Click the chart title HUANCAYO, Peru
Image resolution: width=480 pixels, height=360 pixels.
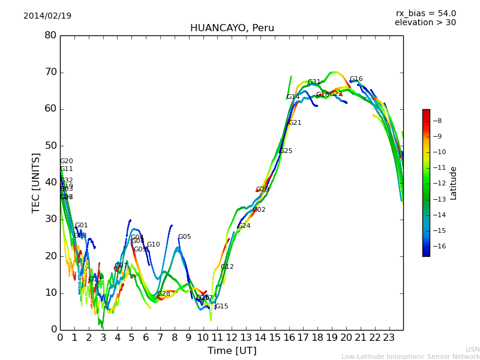(x=232, y=28)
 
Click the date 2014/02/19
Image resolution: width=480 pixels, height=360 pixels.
(x=47, y=16)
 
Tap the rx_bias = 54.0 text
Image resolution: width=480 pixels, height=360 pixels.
(x=425, y=14)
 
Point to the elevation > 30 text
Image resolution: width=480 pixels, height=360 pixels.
(x=425, y=23)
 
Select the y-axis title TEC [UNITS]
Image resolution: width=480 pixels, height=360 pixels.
(x=36, y=182)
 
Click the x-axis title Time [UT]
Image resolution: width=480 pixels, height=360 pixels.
(x=232, y=351)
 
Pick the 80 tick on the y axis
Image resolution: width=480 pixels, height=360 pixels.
(x=50, y=35)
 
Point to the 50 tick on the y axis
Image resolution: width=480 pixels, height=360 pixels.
(x=50, y=146)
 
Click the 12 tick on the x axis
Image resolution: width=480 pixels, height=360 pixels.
(x=232, y=338)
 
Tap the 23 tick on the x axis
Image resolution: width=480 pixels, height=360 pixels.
(x=389, y=338)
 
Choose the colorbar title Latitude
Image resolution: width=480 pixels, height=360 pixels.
(x=454, y=183)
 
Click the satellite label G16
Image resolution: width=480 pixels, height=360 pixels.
(x=356, y=79)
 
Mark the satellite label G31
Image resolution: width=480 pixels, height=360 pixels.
(x=314, y=82)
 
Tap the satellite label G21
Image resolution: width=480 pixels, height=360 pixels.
(x=295, y=123)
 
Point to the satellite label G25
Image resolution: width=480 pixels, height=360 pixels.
(x=286, y=151)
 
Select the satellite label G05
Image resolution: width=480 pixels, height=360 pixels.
(x=185, y=237)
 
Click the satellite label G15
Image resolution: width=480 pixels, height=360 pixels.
(x=222, y=307)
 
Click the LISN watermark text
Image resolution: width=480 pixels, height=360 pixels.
(x=472, y=349)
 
